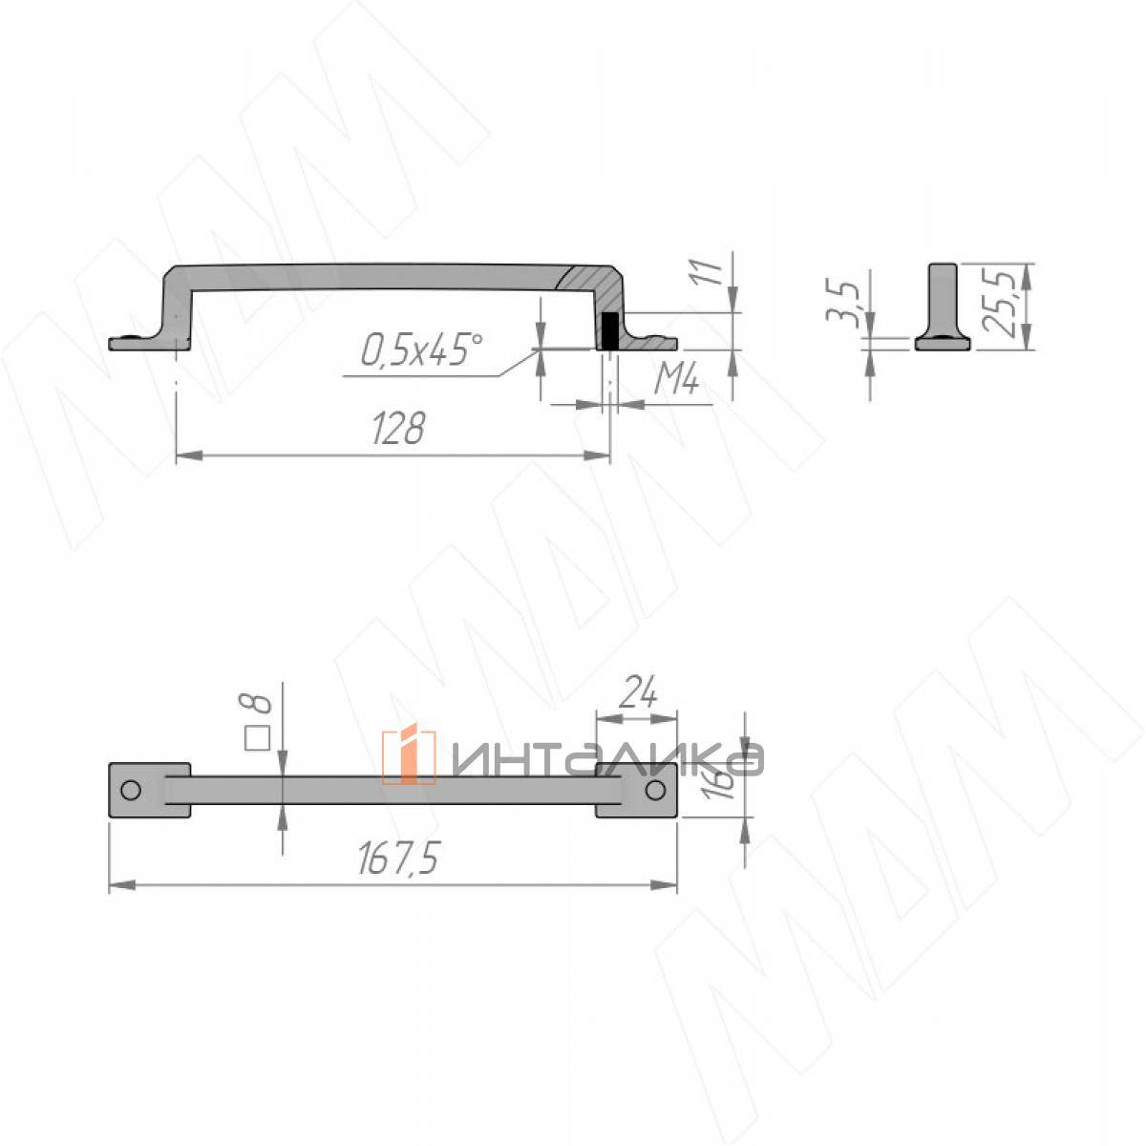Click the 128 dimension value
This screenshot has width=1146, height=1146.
398,429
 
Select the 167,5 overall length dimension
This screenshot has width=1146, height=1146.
398,859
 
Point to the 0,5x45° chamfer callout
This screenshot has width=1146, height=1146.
421,350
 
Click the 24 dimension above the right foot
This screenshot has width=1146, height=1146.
637,692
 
